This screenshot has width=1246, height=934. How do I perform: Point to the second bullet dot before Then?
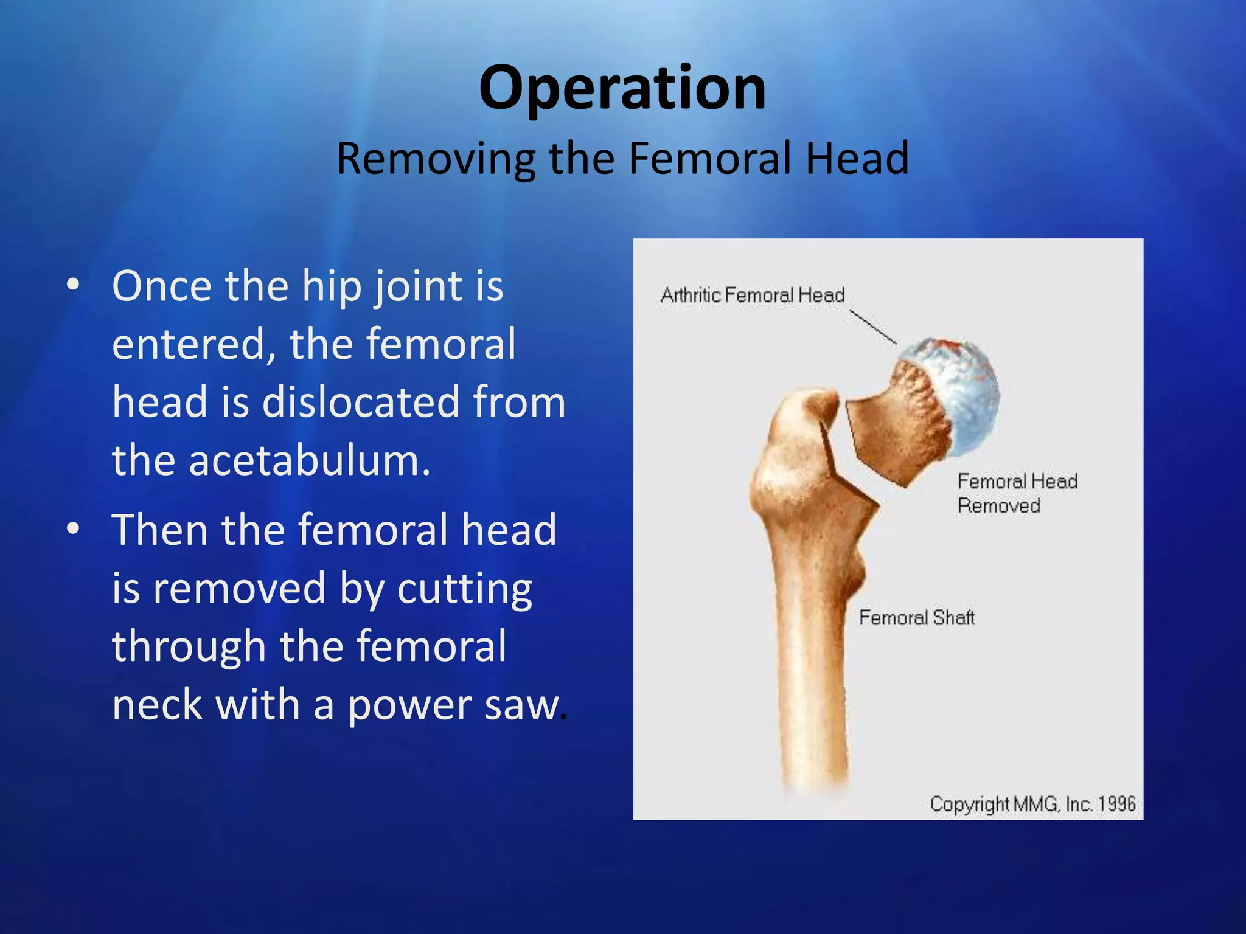coord(74,528)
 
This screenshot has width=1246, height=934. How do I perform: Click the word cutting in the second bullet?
coord(465,589)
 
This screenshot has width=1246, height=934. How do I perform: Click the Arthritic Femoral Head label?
coord(753,296)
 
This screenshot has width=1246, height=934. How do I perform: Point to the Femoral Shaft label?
coord(916,618)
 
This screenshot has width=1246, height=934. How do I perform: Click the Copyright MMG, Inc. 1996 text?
coord(1032,804)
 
